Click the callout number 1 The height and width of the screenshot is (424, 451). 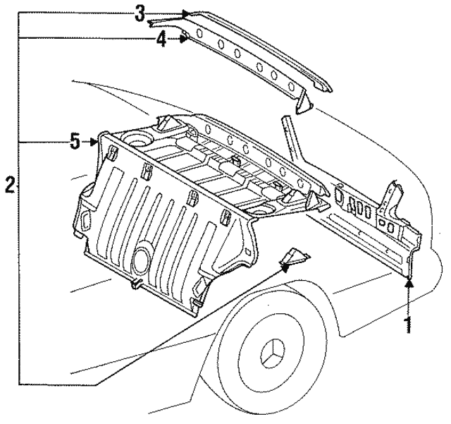point(407,325)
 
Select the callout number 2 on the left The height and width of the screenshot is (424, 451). point(9,186)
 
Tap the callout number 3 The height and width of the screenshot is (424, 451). point(140,12)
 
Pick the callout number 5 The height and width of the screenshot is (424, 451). point(75,142)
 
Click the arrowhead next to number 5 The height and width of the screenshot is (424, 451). point(95,142)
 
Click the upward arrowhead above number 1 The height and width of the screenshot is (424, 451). point(407,284)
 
